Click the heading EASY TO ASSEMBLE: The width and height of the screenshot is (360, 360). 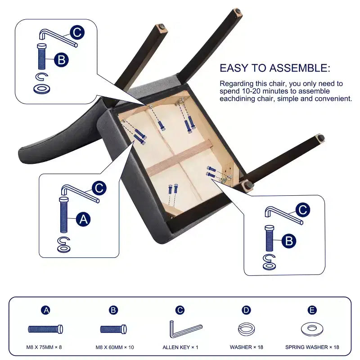(x=275, y=68)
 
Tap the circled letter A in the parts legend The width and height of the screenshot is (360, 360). (x=46, y=310)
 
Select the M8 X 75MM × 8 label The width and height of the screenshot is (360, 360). (x=44, y=347)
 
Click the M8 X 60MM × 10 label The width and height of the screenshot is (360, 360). (x=115, y=347)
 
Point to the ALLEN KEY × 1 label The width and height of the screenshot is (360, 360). (x=180, y=347)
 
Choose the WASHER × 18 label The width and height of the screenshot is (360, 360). (x=246, y=347)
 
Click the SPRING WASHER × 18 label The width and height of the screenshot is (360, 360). (x=312, y=347)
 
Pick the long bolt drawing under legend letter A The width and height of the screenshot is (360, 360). (x=45, y=329)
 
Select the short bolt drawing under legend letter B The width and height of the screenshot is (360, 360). (x=113, y=329)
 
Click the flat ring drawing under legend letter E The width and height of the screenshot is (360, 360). (x=312, y=329)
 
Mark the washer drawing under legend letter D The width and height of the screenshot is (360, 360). (x=246, y=329)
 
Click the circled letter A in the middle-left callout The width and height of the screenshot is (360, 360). (x=83, y=219)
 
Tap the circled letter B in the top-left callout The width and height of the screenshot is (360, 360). (x=61, y=60)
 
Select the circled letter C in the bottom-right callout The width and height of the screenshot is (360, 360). (x=302, y=210)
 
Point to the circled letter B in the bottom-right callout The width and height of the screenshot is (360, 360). (x=289, y=241)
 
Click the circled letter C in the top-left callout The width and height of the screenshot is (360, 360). (x=77, y=32)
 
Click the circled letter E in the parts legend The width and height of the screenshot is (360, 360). (x=312, y=310)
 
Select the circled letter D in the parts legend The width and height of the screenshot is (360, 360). (x=246, y=310)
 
